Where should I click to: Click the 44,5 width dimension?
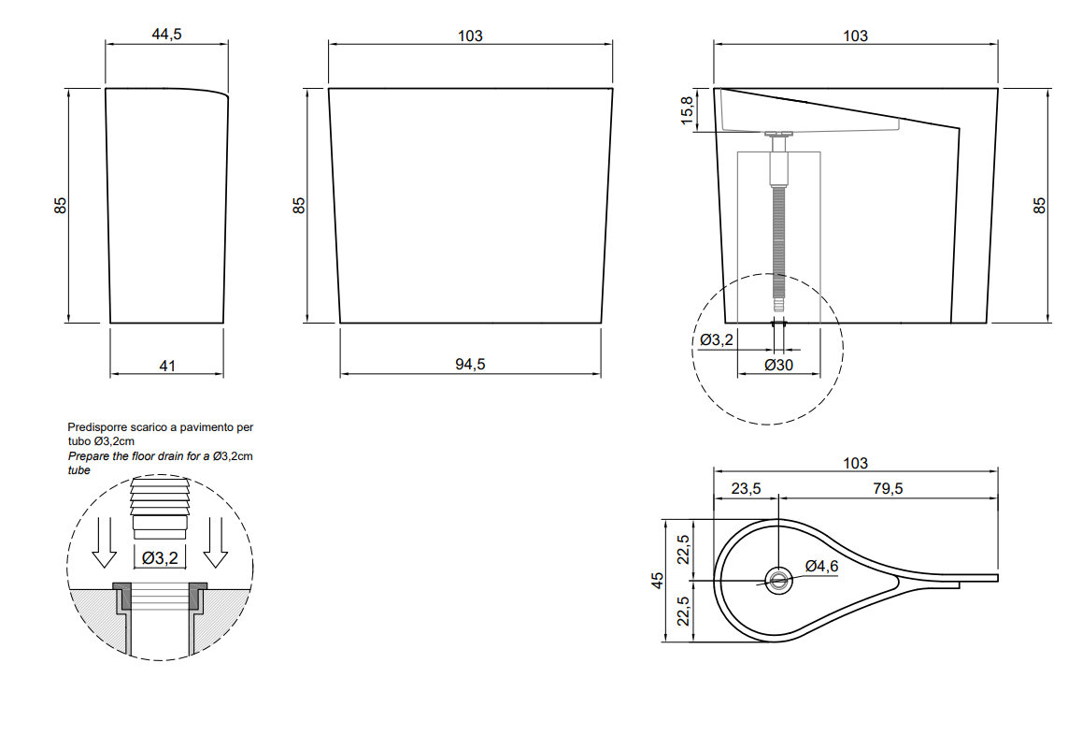pyautogui.click(x=167, y=34)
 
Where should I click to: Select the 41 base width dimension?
pyautogui.click(x=167, y=367)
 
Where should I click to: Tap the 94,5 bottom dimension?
pyautogui.click(x=470, y=365)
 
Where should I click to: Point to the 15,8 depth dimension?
pyautogui.click(x=688, y=109)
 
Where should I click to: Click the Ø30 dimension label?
pyautogui.click(x=778, y=366)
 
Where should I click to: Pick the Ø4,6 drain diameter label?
pyautogui.click(x=821, y=567)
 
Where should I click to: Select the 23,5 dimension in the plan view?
pyautogui.click(x=746, y=489)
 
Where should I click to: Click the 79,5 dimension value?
pyautogui.click(x=889, y=489)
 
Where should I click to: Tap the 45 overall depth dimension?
pyautogui.click(x=657, y=580)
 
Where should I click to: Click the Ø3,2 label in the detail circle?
pyautogui.click(x=160, y=558)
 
